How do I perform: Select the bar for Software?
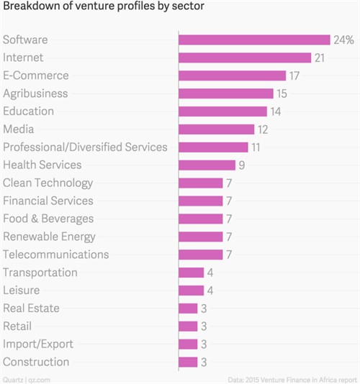click(254, 40)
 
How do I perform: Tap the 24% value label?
click(343, 40)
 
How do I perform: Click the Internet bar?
click(245, 58)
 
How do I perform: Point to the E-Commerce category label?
click(36, 76)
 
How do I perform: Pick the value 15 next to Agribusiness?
click(283, 93)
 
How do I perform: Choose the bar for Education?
click(222, 111)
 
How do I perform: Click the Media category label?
click(19, 129)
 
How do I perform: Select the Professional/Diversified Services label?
click(85, 147)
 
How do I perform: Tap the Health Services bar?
click(207, 165)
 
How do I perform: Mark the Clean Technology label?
click(48, 183)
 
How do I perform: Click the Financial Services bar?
click(200, 201)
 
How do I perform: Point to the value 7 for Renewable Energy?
click(229, 237)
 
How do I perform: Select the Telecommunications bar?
click(200, 255)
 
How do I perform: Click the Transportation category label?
click(40, 273)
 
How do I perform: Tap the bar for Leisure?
click(191, 291)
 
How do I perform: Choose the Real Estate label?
click(31, 308)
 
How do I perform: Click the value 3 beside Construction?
click(204, 362)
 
